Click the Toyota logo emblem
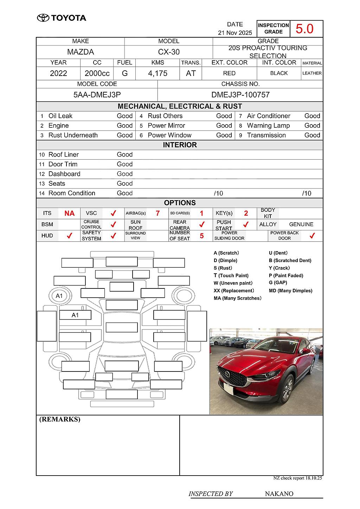click(x=43, y=18)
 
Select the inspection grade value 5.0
click(x=304, y=28)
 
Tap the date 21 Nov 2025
click(x=235, y=33)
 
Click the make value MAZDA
click(x=81, y=52)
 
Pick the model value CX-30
click(x=169, y=52)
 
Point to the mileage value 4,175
click(x=157, y=74)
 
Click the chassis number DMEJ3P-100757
click(x=240, y=95)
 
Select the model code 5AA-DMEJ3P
click(x=97, y=95)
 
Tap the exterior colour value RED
click(x=229, y=73)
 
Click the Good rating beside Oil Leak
click(x=124, y=116)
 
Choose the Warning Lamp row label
click(x=268, y=126)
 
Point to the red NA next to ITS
click(x=69, y=214)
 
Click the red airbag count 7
click(x=157, y=214)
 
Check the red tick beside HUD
click(x=69, y=236)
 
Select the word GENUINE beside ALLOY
click(x=301, y=224)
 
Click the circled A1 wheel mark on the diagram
click(x=59, y=296)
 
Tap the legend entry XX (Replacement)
click(x=233, y=291)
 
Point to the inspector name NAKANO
click(x=279, y=494)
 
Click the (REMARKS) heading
click(x=60, y=419)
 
